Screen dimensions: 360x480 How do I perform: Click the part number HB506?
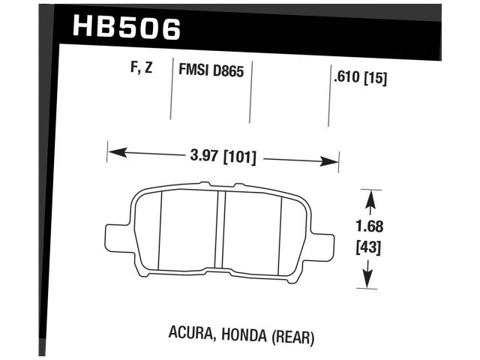127,28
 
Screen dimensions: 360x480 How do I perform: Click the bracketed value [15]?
375,76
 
